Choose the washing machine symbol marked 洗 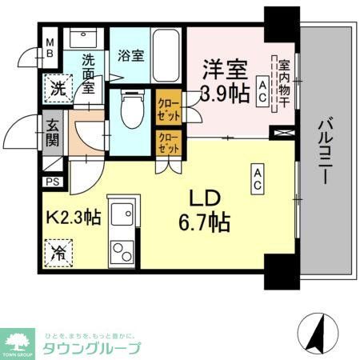point(58,90)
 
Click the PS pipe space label point(52,182)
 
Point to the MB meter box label point(49,49)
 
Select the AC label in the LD point(258,179)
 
